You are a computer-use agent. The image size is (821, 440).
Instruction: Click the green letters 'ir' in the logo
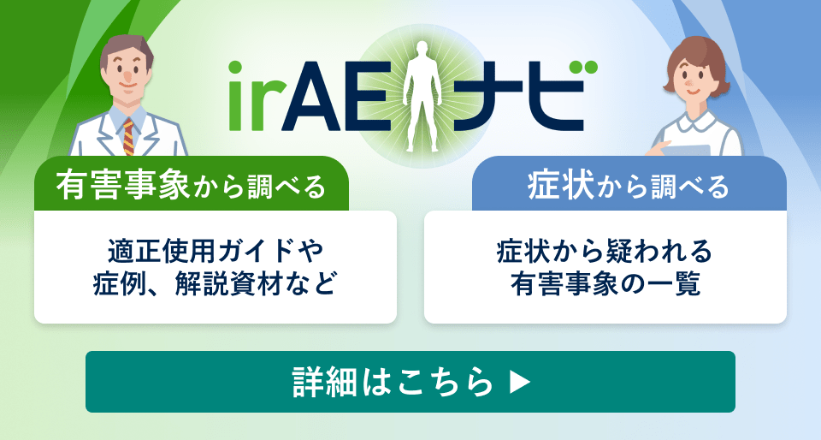click(257, 92)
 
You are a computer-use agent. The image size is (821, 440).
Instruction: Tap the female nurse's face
click(694, 80)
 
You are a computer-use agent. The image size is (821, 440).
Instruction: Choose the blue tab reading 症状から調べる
click(629, 185)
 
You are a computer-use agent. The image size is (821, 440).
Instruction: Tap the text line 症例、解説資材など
click(216, 283)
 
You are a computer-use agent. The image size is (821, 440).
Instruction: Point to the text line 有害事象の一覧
click(605, 283)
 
